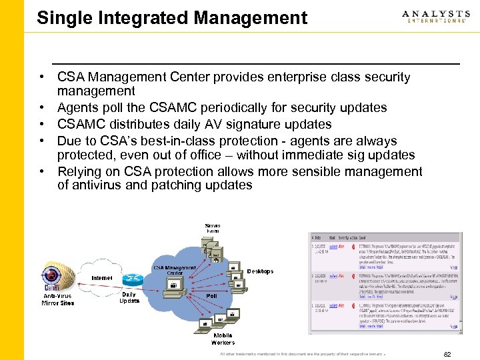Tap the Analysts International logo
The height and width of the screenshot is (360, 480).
pyautogui.click(x=435, y=17)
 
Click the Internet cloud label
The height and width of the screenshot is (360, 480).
pyautogui.click(x=102, y=277)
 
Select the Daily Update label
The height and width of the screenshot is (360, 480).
pyautogui.click(x=129, y=297)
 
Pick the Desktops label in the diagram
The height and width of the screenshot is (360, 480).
pyautogui.click(x=260, y=271)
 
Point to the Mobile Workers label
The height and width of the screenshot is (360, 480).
pyautogui.click(x=223, y=339)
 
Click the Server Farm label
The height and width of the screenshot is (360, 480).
pyautogui.click(x=213, y=228)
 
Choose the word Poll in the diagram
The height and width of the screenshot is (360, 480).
pyautogui.click(x=211, y=295)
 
